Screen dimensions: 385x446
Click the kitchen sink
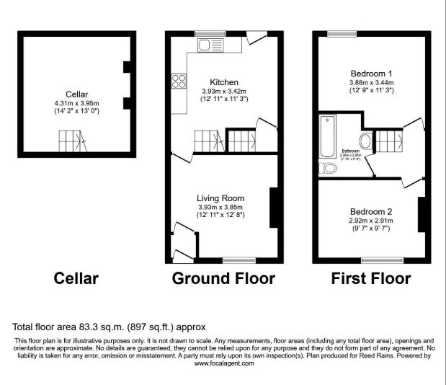(210, 45)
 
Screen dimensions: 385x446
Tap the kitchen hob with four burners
(178, 81)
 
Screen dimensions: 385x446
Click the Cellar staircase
(71, 139)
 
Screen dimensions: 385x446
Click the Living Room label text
(221, 198)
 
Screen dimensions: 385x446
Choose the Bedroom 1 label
(371, 74)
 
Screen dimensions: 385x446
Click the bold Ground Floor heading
(223, 278)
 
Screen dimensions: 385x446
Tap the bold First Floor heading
(370, 278)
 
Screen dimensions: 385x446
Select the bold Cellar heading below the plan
(76, 278)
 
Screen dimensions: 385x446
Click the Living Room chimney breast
(274, 208)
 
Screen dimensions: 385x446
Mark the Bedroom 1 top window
(337, 32)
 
